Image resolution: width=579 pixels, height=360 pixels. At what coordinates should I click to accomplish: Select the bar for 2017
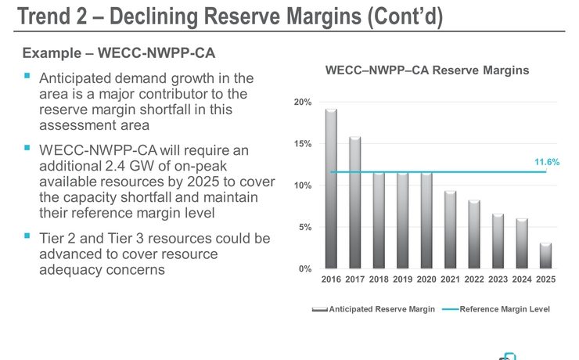click(x=354, y=203)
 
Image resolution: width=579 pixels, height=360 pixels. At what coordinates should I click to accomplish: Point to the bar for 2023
click(x=498, y=241)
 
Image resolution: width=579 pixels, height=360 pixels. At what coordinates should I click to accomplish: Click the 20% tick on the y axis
click(x=303, y=103)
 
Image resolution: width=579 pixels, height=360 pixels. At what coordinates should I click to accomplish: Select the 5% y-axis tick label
click(x=305, y=228)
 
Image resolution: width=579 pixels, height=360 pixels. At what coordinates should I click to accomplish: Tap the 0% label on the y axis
click(x=305, y=269)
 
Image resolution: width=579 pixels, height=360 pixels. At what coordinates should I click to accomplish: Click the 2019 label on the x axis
click(x=402, y=279)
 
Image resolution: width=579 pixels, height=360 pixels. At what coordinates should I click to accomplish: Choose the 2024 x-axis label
click(x=521, y=279)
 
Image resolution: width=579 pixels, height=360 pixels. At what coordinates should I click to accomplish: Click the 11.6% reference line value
click(x=547, y=162)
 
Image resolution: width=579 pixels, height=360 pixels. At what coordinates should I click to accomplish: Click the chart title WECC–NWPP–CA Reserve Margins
click(x=427, y=70)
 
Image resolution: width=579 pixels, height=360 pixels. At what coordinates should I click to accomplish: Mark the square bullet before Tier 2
click(x=28, y=235)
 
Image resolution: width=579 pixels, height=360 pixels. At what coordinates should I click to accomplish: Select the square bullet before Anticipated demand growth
click(x=28, y=77)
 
